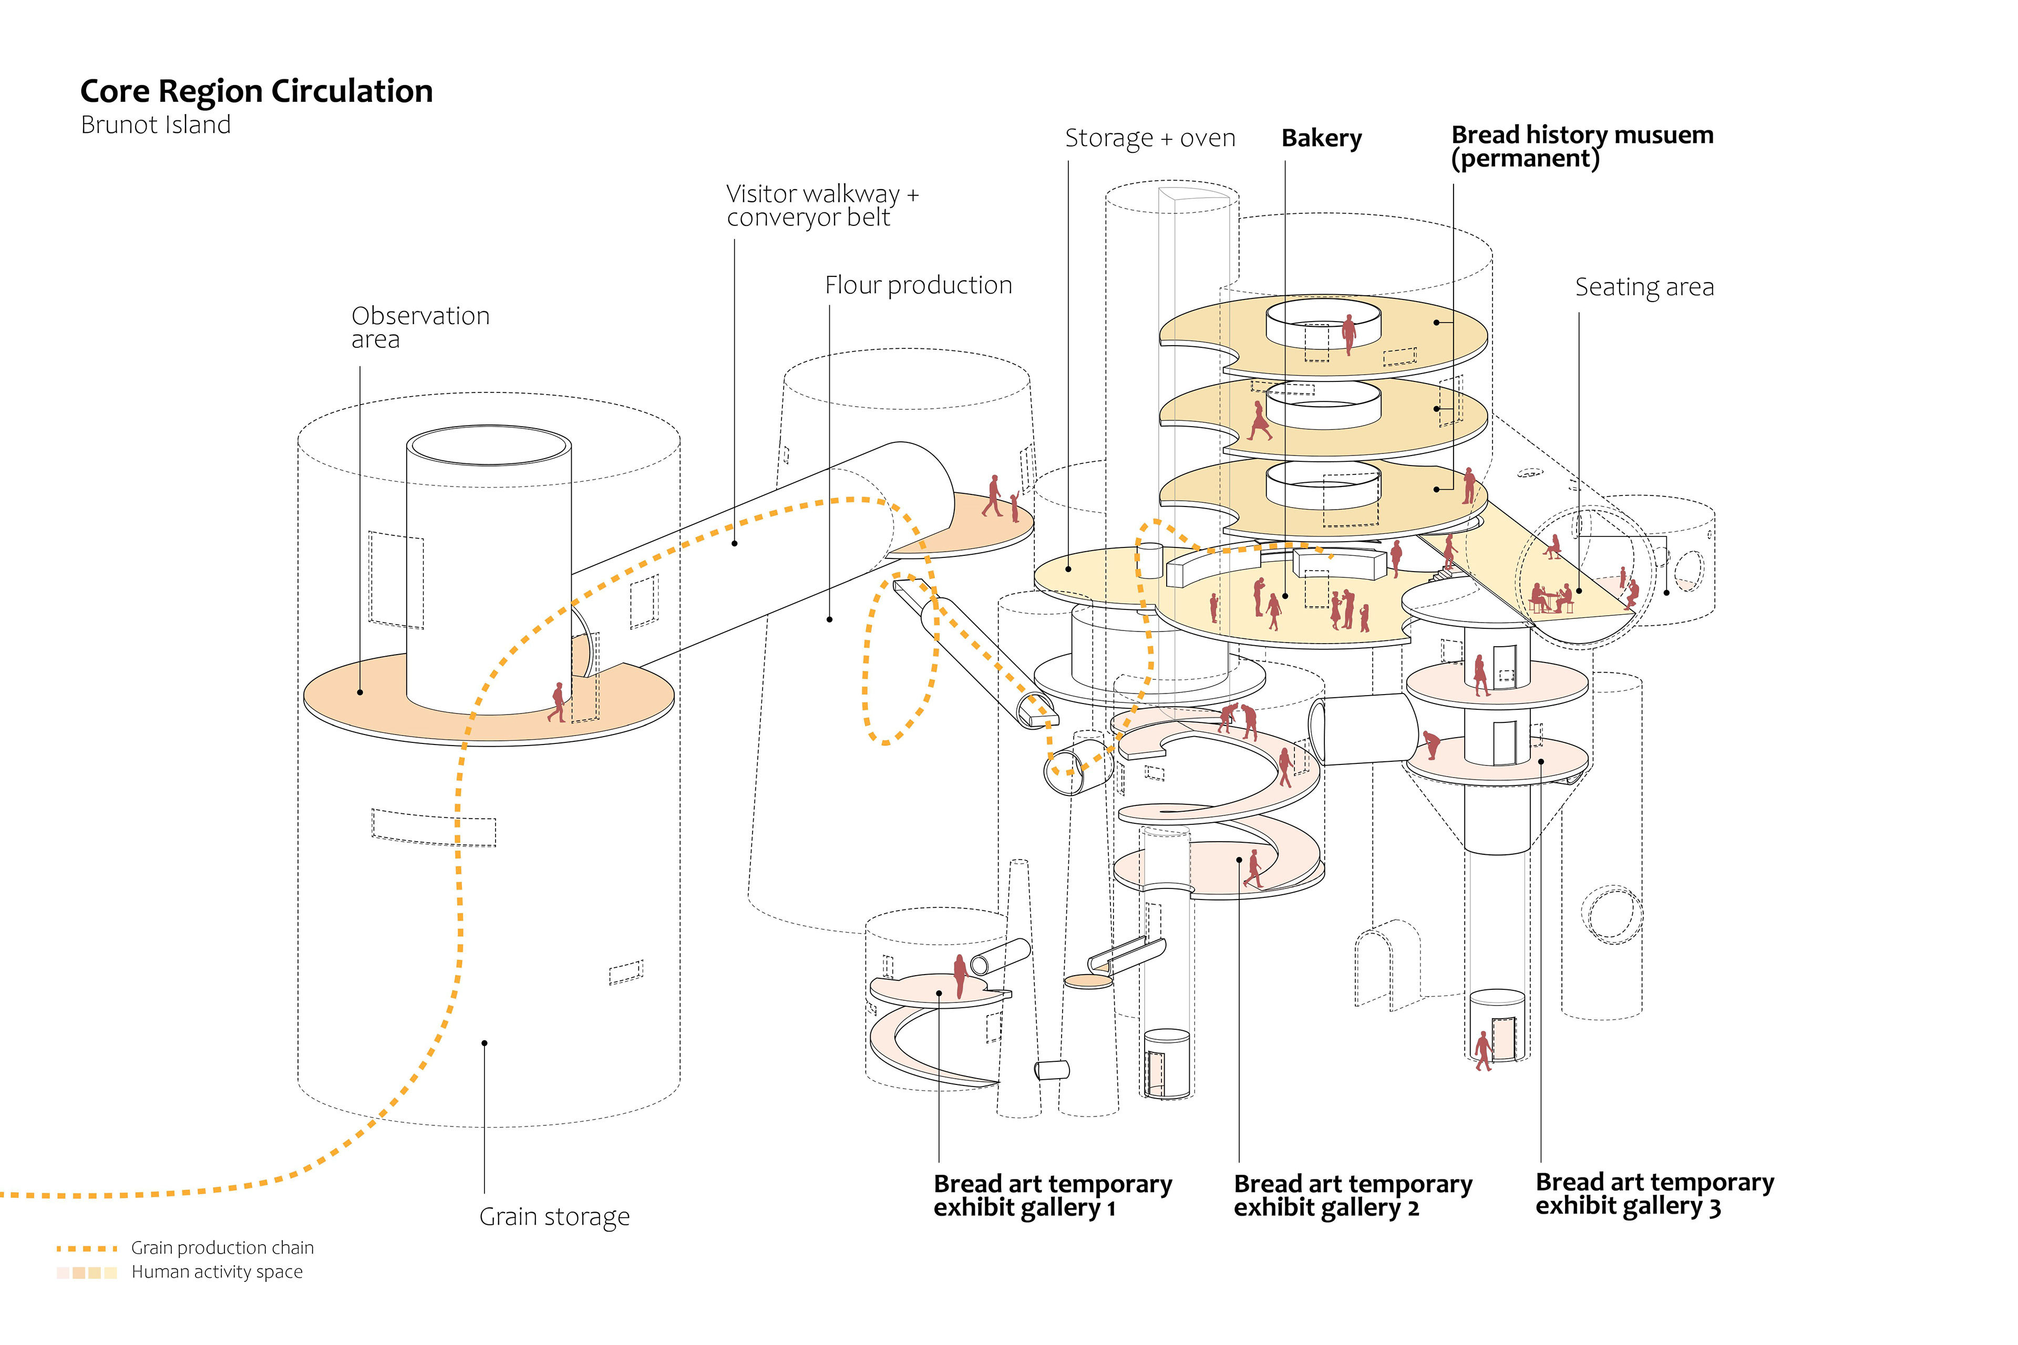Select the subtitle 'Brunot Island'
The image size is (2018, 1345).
156,125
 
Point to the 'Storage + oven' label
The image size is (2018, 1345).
1150,138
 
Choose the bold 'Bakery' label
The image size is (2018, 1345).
1321,138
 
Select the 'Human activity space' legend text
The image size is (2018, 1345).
217,1271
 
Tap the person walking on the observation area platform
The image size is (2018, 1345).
559,702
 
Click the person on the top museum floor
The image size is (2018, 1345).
1349,333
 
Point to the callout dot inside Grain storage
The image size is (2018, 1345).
485,1043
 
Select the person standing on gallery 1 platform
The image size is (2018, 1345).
960,976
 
